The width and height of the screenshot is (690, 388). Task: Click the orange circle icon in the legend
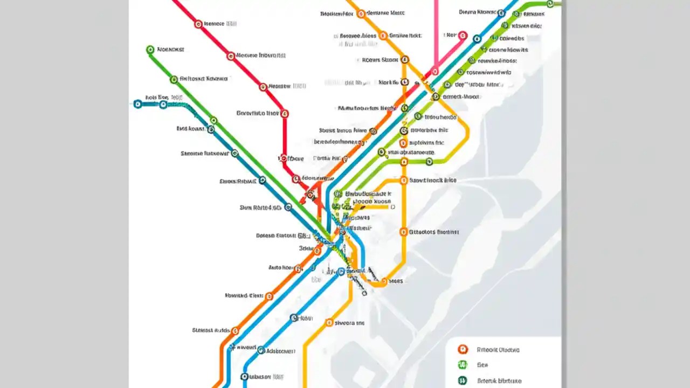pos(461,349)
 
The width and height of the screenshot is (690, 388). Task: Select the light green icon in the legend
pos(461,365)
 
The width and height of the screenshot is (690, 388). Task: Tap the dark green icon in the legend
pos(462,380)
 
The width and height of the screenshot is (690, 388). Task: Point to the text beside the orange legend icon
pos(498,350)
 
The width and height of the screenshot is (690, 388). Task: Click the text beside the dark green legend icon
pos(499,381)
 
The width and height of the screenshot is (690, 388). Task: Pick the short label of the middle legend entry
pos(482,365)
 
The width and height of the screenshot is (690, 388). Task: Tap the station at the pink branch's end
pos(463,35)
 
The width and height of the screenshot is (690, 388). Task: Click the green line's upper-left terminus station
pos(150,50)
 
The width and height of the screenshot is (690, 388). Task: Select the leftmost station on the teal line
pos(137,104)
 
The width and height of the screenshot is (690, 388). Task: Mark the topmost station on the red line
pos(198,24)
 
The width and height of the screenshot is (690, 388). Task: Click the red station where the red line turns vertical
pos(285,114)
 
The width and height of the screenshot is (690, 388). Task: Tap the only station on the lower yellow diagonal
pos(329,323)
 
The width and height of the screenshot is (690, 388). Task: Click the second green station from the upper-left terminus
pos(174,79)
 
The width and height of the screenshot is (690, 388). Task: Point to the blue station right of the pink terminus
pos(477,39)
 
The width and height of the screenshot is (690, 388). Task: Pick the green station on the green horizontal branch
pos(429,161)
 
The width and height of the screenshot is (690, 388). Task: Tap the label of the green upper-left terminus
pos(170,50)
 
